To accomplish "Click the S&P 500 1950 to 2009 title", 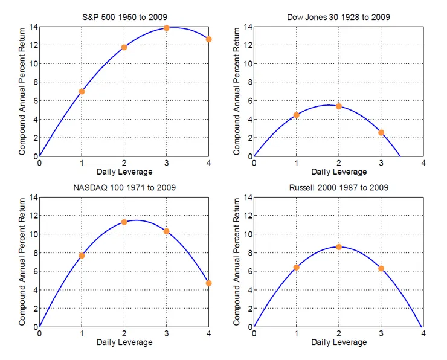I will [124, 17].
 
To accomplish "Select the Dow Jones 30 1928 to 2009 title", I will [338, 17].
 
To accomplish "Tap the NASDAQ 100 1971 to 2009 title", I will [124, 188].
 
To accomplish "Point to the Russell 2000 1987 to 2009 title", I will [338, 188].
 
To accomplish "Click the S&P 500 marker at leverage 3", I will [166, 28].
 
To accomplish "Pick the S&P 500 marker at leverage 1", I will [82, 91].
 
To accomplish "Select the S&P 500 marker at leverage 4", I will [208, 39].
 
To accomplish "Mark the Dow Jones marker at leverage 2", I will [338, 106].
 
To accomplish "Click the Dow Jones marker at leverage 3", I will [381, 132].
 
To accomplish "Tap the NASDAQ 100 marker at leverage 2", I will [124, 222].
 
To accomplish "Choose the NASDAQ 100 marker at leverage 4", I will [208, 283].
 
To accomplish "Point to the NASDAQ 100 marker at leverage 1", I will [82, 256].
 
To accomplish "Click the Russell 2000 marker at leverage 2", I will [338, 246].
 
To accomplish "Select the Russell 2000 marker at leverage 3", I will [381, 268].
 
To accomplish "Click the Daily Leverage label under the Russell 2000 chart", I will [338, 342].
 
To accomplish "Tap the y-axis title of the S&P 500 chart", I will [22, 91].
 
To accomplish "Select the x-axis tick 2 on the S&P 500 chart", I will [124, 164].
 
